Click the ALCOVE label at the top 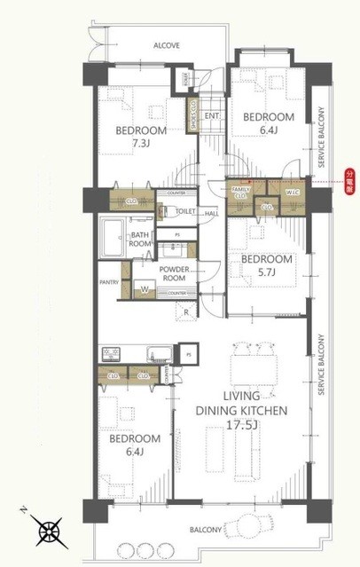coord(167,44)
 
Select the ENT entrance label coord(212,116)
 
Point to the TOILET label coord(185,212)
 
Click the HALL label coord(212,213)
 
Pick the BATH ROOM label coord(140,237)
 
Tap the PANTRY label coord(110,283)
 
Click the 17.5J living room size coord(255,425)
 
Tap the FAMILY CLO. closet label coord(240,192)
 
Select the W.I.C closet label coord(292,193)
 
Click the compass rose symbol coord(50,533)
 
